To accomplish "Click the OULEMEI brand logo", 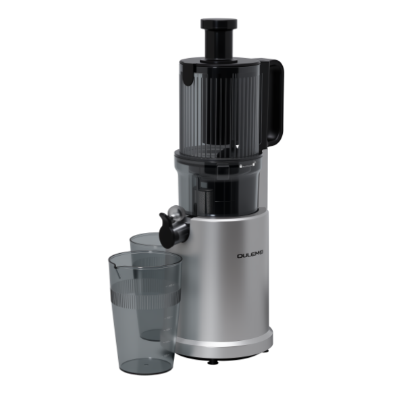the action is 250,256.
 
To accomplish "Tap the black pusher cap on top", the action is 219,24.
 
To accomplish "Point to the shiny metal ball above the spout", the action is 175,212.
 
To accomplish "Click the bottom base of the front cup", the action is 146,367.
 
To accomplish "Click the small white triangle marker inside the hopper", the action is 237,146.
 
